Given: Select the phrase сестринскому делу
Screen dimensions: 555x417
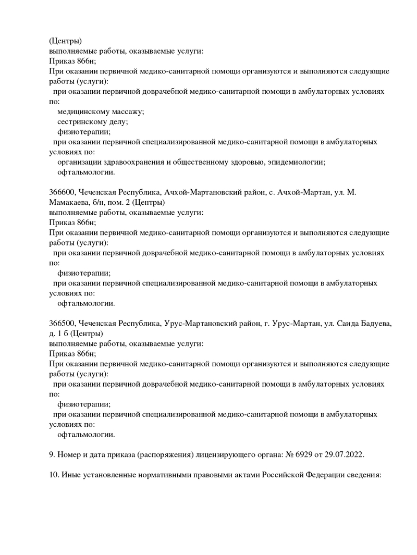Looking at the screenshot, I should (x=92, y=121).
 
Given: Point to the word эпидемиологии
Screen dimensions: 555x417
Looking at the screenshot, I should (x=296, y=162).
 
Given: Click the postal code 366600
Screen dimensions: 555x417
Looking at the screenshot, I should (x=62, y=192).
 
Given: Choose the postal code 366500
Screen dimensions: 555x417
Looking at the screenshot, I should (x=62, y=324).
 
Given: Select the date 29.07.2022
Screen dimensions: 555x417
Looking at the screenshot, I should (x=345, y=454).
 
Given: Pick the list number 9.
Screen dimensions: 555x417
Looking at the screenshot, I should (x=52, y=454).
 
